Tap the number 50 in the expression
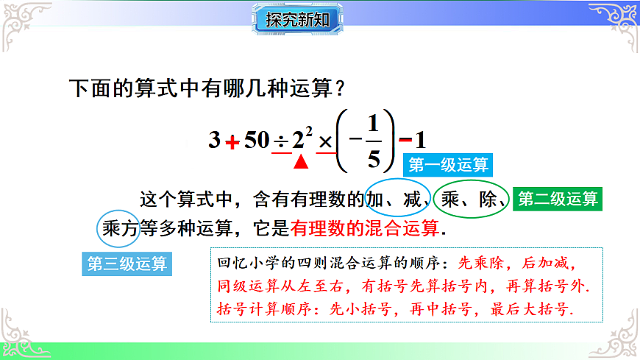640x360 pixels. [257, 140]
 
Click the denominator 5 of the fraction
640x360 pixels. [374, 158]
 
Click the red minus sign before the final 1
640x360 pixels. [405, 139]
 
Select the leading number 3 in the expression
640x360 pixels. [214, 140]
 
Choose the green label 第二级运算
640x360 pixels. [558, 199]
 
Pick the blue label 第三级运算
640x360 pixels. [127, 264]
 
